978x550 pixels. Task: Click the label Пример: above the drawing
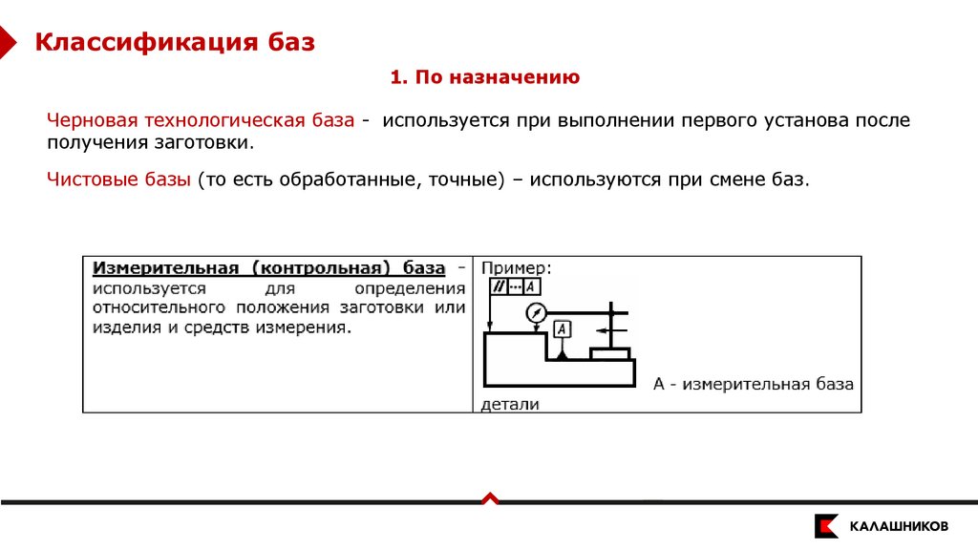[x=516, y=268]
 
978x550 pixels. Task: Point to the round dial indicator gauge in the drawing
[x=536, y=312]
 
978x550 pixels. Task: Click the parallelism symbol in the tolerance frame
[x=498, y=286]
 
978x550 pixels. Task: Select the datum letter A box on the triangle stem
[x=563, y=329]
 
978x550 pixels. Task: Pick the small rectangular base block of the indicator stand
[x=609, y=353]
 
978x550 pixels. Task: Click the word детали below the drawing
[x=511, y=404]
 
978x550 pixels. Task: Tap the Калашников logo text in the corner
[x=899, y=526]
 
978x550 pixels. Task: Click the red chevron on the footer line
[x=489, y=497]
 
